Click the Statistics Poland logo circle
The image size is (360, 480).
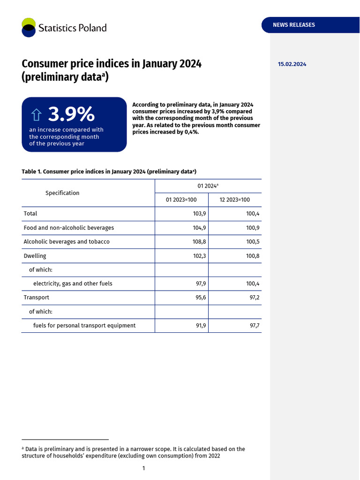click(x=29, y=27)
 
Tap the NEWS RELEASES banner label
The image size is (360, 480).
click(x=294, y=25)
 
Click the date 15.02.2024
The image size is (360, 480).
click(x=292, y=64)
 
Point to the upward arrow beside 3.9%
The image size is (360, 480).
click(x=37, y=115)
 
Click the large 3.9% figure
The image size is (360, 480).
click(x=71, y=114)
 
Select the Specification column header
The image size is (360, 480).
click(x=62, y=193)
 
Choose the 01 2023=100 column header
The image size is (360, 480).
click(x=181, y=200)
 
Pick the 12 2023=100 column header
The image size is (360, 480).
click(x=235, y=200)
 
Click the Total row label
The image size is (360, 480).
click(x=30, y=214)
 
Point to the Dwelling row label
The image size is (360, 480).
click(x=35, y=256)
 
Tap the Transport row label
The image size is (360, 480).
click(x=37, y=298)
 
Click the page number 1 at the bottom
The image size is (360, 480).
click(x=144, y=468)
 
